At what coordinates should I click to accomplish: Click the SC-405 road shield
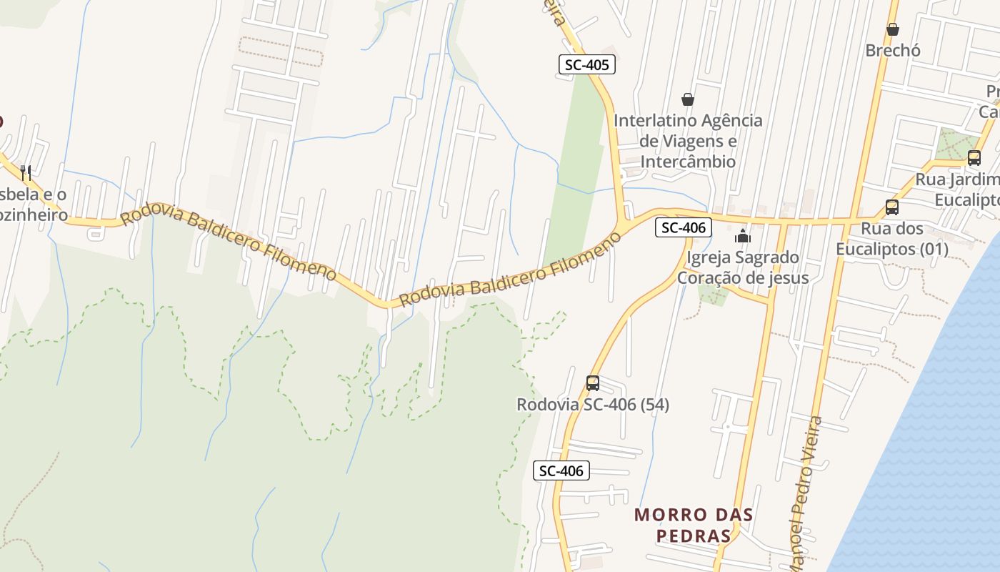[586, 65]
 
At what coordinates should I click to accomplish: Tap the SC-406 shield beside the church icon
[684, 228]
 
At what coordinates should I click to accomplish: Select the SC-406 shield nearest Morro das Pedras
[561, 470]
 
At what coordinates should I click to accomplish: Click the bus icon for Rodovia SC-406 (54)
[593, 383]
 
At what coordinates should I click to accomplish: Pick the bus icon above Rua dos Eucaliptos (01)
[892, 207]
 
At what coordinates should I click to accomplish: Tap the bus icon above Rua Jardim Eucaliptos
[974, 158]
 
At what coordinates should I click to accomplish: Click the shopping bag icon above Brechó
[893, 29]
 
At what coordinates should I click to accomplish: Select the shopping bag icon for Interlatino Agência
[688, 99]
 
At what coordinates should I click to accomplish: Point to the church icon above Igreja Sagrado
[743, 235]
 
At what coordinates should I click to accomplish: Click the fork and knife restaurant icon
[26, 172]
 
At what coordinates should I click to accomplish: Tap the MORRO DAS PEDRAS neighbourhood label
[694, 525]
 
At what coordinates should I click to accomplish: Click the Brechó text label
[893, 51]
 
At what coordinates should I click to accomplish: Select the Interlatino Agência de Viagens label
[688, 141]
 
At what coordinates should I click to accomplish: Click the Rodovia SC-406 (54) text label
[593, 405]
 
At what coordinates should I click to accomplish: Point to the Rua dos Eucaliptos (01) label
[892, 239]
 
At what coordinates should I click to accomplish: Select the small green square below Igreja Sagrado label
[712, 294]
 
